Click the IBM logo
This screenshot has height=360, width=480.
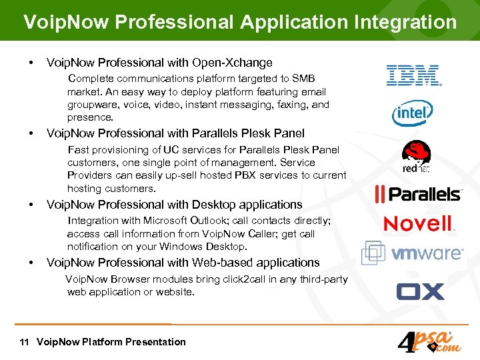[413, 75]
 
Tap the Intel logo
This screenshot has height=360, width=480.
[412, 113]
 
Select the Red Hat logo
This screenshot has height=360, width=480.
[416, 157]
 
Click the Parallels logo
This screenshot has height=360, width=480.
[418, 194]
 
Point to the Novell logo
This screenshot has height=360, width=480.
[419, 224]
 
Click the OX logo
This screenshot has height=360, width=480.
[420, 291]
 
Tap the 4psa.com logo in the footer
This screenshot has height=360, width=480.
[426, 342]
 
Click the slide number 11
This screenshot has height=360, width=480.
[24, 342]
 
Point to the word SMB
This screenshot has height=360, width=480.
[303, 79]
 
